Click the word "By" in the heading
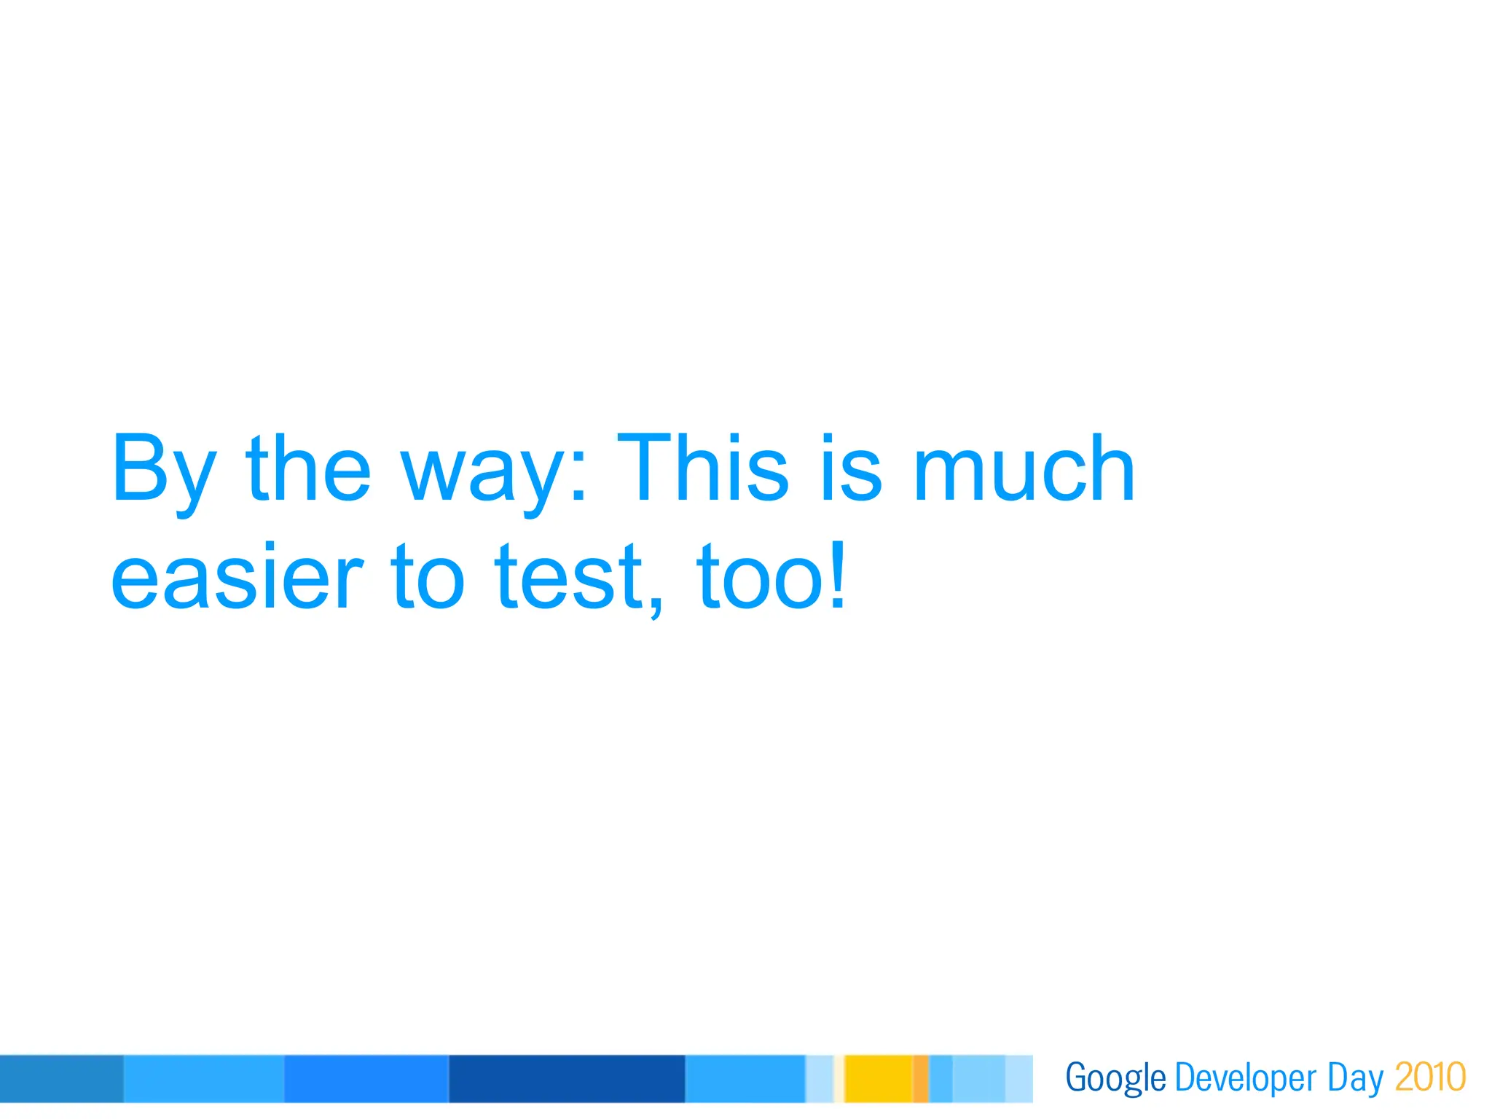click(x=164, y=470)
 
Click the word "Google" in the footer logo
click(x=1115, y=1078)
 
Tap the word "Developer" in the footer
click(x=1246, y=1078)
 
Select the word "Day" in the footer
click(x=1355, y=1078)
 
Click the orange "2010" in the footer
click(x=1430, y=1077)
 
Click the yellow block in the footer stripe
click(x=878, y=1078)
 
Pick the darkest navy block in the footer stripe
click(x=567, y=1078)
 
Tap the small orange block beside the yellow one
click(x=921, y=1078)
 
